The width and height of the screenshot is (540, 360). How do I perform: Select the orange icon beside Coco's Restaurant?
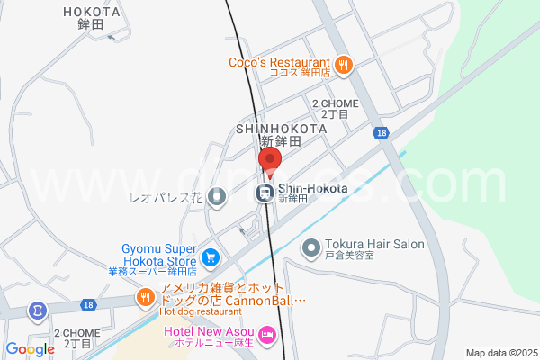[344, 64]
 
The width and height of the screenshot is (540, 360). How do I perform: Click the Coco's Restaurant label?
[279, 63]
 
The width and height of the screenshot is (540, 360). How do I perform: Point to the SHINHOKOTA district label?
[281, 129]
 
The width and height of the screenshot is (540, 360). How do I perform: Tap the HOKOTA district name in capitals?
[93, 12]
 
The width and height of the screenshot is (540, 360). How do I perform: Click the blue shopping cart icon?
[211, 257]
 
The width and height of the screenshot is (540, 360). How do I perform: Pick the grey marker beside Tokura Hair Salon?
[311, 246]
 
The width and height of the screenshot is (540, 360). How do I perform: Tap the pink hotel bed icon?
[266, 335]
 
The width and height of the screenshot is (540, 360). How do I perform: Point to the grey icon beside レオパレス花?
[216, 195]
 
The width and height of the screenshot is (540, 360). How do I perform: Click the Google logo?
[30, 349]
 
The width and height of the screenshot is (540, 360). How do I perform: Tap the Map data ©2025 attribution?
[499, 353]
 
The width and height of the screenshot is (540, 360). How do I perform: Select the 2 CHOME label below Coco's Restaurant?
[335, 103]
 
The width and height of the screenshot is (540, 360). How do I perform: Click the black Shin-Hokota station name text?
[312, 188]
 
